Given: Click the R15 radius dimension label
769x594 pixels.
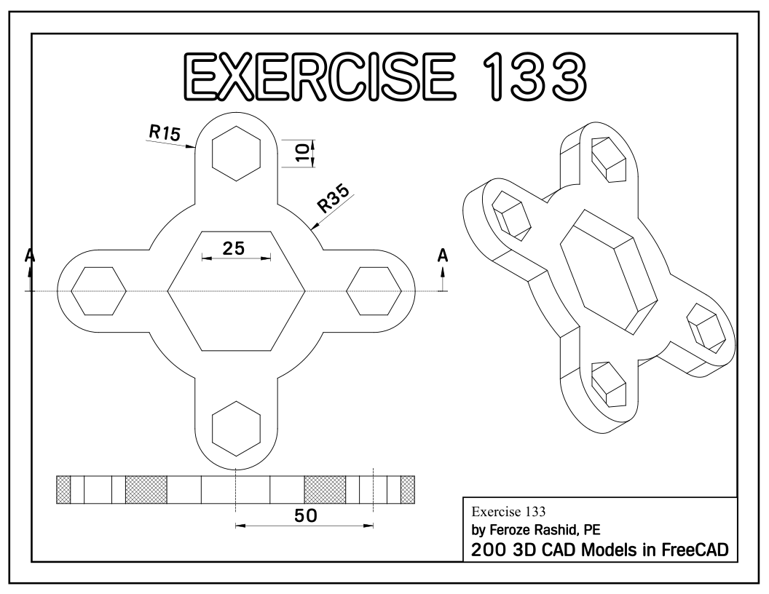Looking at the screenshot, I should click(x=164, y=132).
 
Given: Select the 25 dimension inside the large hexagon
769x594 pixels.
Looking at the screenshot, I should click(x=233, y=248).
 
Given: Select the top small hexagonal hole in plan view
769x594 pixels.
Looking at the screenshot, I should click(x=236, y=153).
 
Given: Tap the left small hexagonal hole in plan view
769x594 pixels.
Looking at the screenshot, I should click(x=98, y=291).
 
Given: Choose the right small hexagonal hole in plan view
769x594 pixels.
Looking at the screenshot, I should click(x=374, y=291).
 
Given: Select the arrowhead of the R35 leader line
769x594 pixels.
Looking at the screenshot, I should click(x=313, y=227).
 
